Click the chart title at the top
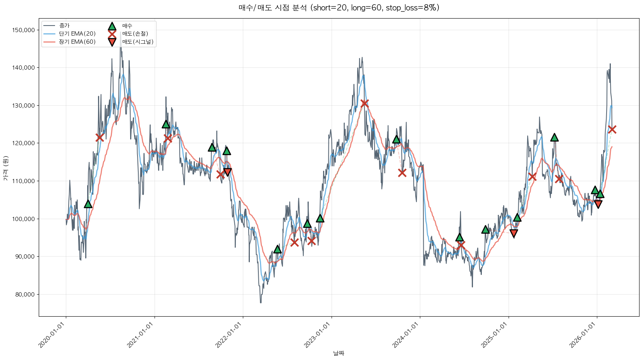pos(339,8)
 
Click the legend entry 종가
pos(64,26)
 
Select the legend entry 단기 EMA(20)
pos(77,34)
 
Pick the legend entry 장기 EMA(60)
pos(77,42)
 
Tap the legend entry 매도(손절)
pos(135,34)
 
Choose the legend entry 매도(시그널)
pos(138,42)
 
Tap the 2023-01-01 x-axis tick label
pos(317,335)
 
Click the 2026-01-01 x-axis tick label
pos(582,335)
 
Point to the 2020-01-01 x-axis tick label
pos(52,335)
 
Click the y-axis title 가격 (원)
pos(5,168)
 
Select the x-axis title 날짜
pos(339,353)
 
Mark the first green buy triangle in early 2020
pos(88,204)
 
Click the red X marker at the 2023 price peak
pos(364,103)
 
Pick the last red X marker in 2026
pos(612,129)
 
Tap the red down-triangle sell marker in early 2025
pos(514,233)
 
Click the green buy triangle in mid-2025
pos(554,137)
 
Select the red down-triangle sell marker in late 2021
pos(227,172)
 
